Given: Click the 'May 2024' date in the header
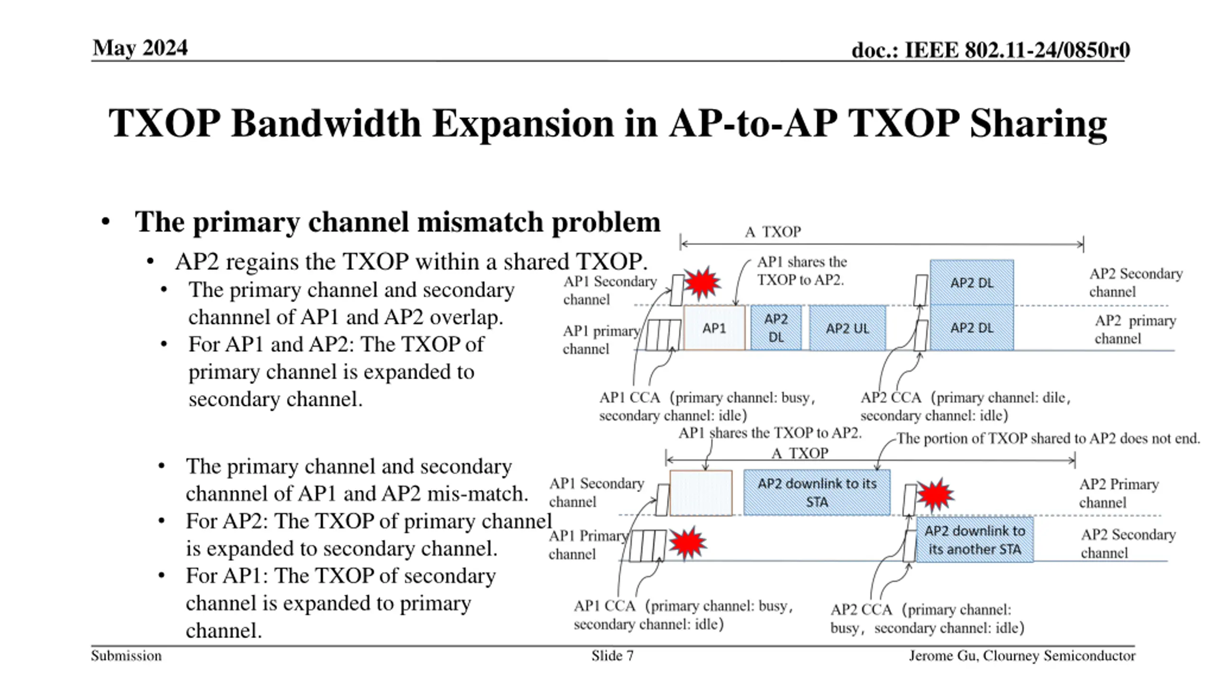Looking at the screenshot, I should click(140, 48).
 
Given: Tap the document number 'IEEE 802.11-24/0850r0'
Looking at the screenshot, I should click(1017, 50).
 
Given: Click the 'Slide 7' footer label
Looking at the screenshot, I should click(612, 656).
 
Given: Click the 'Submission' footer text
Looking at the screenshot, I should click(126, 656).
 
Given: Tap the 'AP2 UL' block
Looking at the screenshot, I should click(847, 328).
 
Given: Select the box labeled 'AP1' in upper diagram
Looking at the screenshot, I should click(714, 328).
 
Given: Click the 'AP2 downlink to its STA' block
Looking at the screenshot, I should click(817, 493).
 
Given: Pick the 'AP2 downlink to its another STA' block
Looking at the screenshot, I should click(974, 540).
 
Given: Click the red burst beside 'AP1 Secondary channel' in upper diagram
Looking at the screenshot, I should click(702, 283).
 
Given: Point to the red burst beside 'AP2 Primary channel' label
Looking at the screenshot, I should click(935, 495).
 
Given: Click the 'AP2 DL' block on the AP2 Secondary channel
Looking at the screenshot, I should click(971, 283).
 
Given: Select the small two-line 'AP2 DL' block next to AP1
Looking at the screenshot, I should click(776, 328).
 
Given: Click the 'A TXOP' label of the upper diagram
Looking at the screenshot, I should click(773, 232).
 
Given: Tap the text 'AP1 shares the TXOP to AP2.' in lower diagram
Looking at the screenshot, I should click(769, 433).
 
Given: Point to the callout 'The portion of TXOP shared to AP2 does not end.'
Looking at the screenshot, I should click(1048, 438).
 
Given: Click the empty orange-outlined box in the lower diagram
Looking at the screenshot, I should click(701, 493).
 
